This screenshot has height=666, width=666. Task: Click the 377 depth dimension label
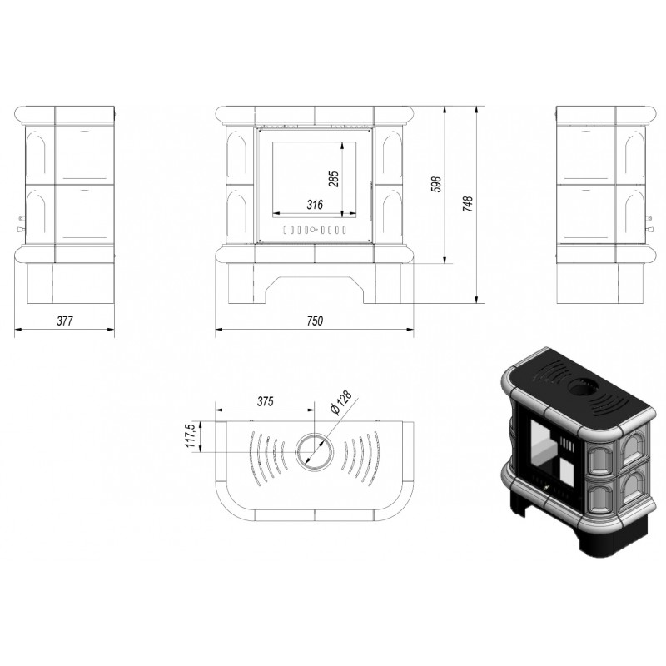pos(65,321)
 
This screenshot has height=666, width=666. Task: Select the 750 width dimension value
pos(315,321)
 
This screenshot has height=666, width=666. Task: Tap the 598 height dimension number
pos(436,184)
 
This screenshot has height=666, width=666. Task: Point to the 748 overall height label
pos(467,204)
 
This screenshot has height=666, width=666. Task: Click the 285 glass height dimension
pos(334,179)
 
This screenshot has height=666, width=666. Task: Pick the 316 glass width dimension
pos(315,205)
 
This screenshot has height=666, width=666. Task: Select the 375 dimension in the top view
pos(265,401)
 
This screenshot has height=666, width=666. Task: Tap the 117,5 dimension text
pos(190,435)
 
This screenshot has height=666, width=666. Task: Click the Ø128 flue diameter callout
pos(341,403)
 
